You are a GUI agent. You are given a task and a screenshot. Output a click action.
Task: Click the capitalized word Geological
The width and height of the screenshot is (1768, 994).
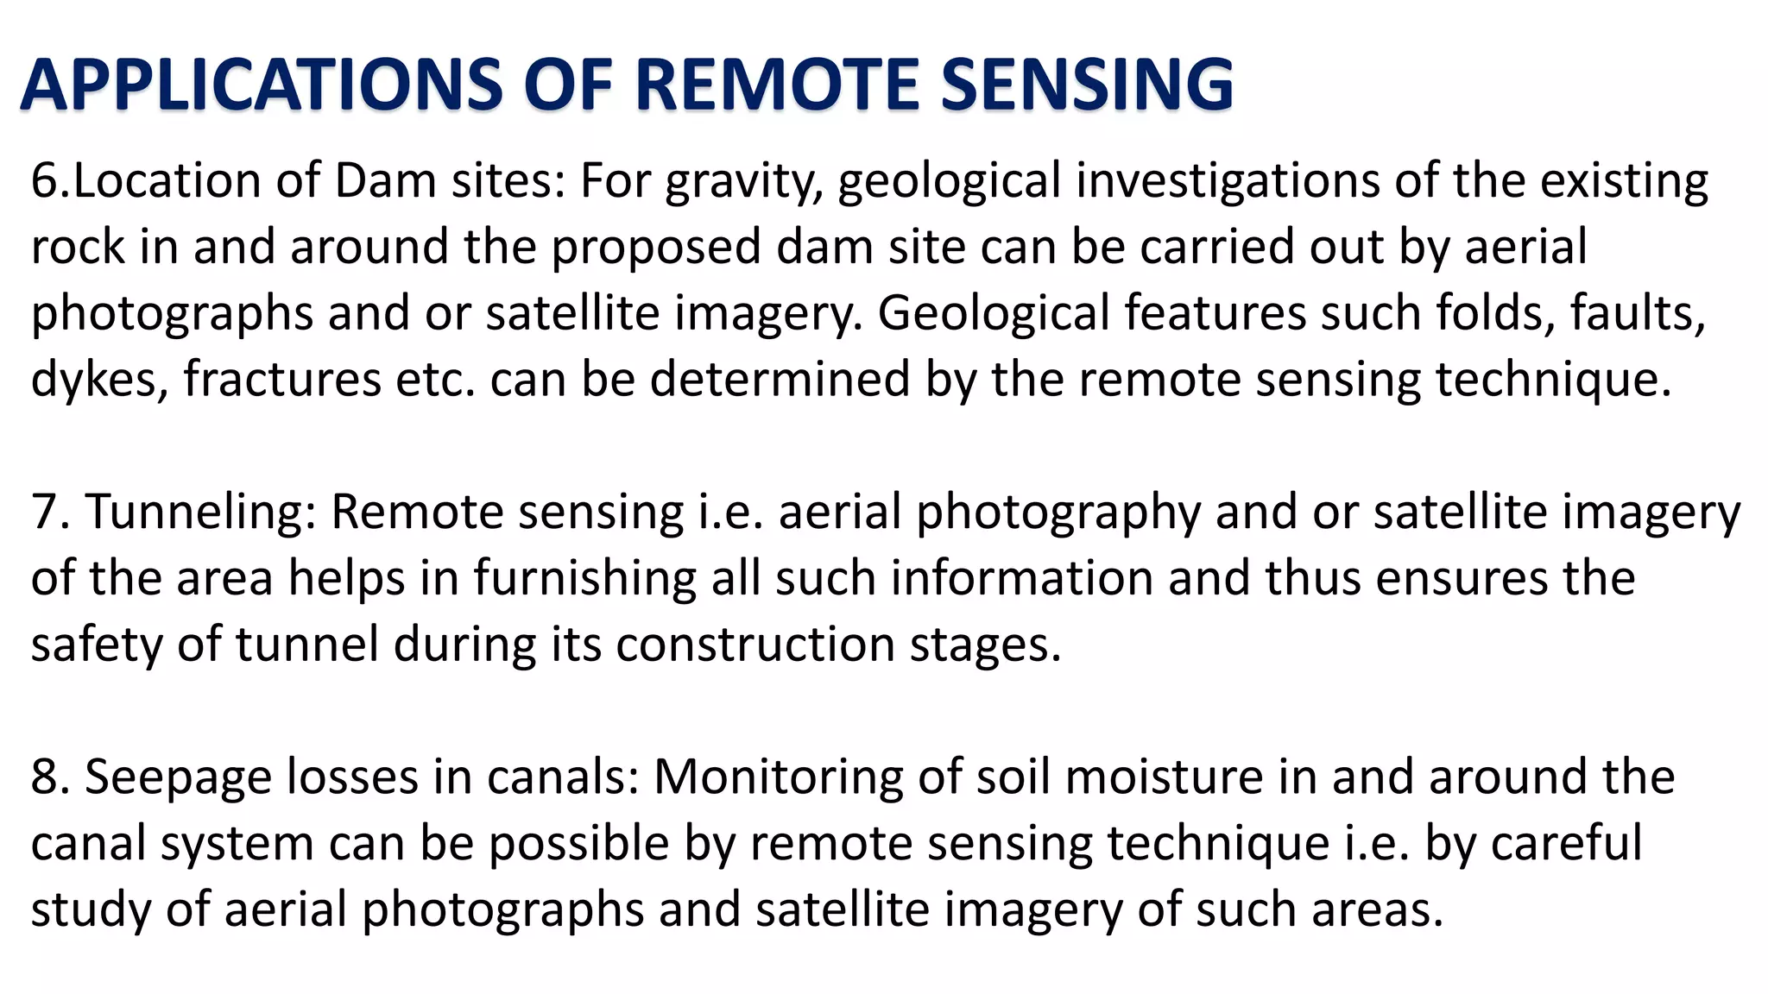click(x=993, y=314)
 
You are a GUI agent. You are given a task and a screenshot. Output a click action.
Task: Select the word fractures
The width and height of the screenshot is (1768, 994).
click(x=281, y=380)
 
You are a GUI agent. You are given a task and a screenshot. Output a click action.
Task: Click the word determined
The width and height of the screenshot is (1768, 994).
click(x=780, y=380)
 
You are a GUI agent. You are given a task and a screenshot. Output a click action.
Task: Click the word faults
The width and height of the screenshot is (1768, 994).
click(x=1638, y=314)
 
